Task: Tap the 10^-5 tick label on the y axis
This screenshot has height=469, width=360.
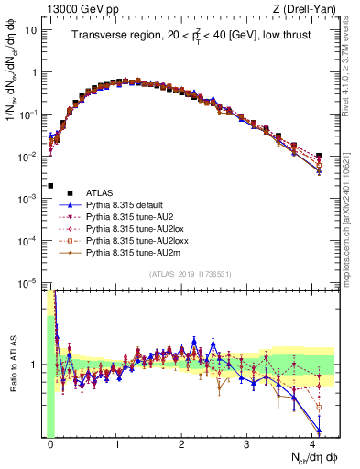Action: tap(28, 284)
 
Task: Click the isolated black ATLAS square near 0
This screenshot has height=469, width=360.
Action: tap(50, 186)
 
